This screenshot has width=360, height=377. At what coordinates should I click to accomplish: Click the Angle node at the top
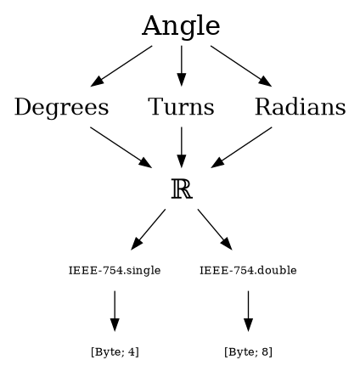(x=181, y=25)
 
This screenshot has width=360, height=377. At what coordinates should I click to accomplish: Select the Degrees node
(x=61, y=107)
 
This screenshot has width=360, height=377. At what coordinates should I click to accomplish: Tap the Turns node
(x=181, y=107)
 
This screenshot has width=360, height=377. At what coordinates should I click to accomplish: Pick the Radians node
(x=301, y=107)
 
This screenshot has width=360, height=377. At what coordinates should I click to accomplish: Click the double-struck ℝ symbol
(x=182, y=189)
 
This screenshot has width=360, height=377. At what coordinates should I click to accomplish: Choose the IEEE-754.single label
(x=115, y=270)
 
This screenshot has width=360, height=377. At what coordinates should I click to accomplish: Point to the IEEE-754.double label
(x=248, y=270)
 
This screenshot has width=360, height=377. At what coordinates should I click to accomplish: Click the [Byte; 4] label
(x=115, y=352)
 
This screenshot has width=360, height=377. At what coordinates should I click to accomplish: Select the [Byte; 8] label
(x=248, y=352)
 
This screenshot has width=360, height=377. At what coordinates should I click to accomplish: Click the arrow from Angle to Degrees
(x=121, y=66)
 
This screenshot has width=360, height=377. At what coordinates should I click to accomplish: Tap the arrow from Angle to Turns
(x=182, y=65)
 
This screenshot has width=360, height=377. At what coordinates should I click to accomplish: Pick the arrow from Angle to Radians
(x=241, y=66)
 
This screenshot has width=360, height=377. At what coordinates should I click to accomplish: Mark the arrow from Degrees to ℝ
(x=121, y=148)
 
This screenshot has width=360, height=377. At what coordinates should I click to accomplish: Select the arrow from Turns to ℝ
(x=182, y=147)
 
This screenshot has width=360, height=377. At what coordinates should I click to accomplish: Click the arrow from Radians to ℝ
(x=241, y=148)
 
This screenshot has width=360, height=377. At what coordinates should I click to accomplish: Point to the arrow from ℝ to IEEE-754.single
(x=149, y=229)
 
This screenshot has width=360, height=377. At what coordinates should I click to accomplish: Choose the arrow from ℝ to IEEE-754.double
(x=215, y=229)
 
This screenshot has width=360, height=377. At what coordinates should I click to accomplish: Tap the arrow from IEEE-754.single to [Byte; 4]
(x=115, y=311)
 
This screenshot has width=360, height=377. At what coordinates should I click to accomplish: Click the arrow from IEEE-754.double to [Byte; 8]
(x=248, y=311)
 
